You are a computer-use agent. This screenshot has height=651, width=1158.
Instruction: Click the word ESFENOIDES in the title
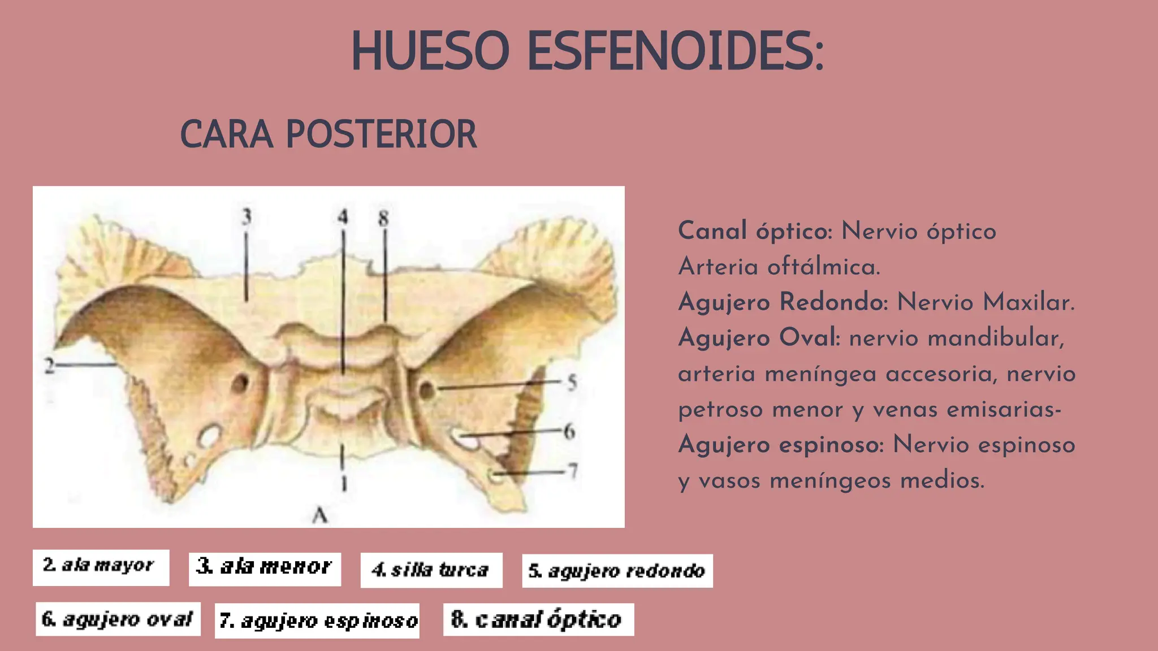(x=675, y=51)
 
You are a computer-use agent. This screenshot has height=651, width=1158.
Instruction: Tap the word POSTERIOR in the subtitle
(x=381, y=134)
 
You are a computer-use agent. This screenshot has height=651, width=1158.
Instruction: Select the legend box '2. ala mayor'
(x=101, y=567)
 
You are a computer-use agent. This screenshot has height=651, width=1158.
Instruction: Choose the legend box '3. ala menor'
(x=265, y=568)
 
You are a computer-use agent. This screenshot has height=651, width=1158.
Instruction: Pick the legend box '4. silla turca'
(x=431, y=570)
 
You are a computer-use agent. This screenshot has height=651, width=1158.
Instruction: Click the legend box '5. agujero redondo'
(x=617, y=571)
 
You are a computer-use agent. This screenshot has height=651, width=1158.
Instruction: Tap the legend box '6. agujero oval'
(x=118, y=619)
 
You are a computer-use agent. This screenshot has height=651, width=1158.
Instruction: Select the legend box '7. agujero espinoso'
(x=317, y=620)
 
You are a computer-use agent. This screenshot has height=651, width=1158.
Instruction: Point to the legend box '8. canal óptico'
(x=538, y=619)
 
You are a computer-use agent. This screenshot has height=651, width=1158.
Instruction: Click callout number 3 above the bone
(x=246, y=216)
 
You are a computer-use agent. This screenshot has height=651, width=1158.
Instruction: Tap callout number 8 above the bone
(x=383, y=218)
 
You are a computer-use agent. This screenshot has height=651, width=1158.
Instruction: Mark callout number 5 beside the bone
(x=572, y=383)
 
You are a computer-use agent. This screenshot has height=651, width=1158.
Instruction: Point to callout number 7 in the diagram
(x=573, y=470)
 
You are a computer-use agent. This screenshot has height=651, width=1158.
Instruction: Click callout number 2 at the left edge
(x=50, y=366)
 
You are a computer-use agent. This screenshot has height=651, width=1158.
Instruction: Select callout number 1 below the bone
(x=343, y=483)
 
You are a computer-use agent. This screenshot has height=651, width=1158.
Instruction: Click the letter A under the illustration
(x=320, y=515)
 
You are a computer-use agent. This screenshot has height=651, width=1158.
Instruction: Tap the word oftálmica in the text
(x=823, y=267)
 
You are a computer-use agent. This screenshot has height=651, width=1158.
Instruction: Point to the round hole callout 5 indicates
(x=427, y=389)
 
